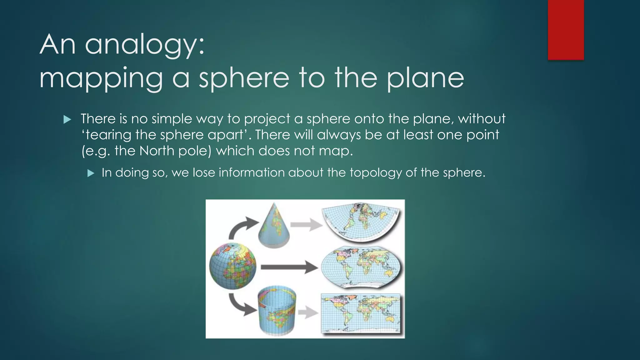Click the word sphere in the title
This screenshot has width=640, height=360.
tap(244, 78)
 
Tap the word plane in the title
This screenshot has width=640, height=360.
tap(425, 78)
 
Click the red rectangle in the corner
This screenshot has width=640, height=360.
tap(566, 30)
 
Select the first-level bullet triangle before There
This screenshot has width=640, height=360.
tap(67, 119)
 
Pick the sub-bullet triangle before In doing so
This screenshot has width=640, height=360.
tap(91, 173)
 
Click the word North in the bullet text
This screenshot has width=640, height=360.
tap(157, 151)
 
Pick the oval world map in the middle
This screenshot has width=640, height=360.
tap(361, 267)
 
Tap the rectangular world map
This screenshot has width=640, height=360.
tap(361, 313)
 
